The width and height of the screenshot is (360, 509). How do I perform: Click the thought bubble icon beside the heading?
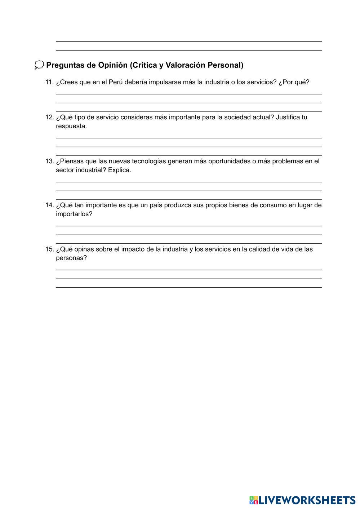[39, 65]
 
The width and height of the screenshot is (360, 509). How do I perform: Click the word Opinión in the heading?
[113, 65]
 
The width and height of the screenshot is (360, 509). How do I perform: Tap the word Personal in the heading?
[225, 65]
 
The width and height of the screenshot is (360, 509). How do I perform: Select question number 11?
[49, 82]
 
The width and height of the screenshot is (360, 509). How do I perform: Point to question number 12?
[49, 118]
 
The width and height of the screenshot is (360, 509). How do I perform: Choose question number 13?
[49, 161]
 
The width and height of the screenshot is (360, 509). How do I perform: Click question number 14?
[49, 205]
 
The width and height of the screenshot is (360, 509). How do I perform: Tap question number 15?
[49, 249]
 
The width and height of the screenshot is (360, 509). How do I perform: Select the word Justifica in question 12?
[289, 118]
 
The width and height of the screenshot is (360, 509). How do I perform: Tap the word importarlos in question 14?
[74, 214]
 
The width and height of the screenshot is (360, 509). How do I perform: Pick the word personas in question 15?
[71, 258]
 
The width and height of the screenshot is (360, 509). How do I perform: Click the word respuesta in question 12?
[71, 126]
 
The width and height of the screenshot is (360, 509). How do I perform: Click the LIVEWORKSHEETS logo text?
[307, 500]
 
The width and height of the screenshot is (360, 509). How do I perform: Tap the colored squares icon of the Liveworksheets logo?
[254, 500]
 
